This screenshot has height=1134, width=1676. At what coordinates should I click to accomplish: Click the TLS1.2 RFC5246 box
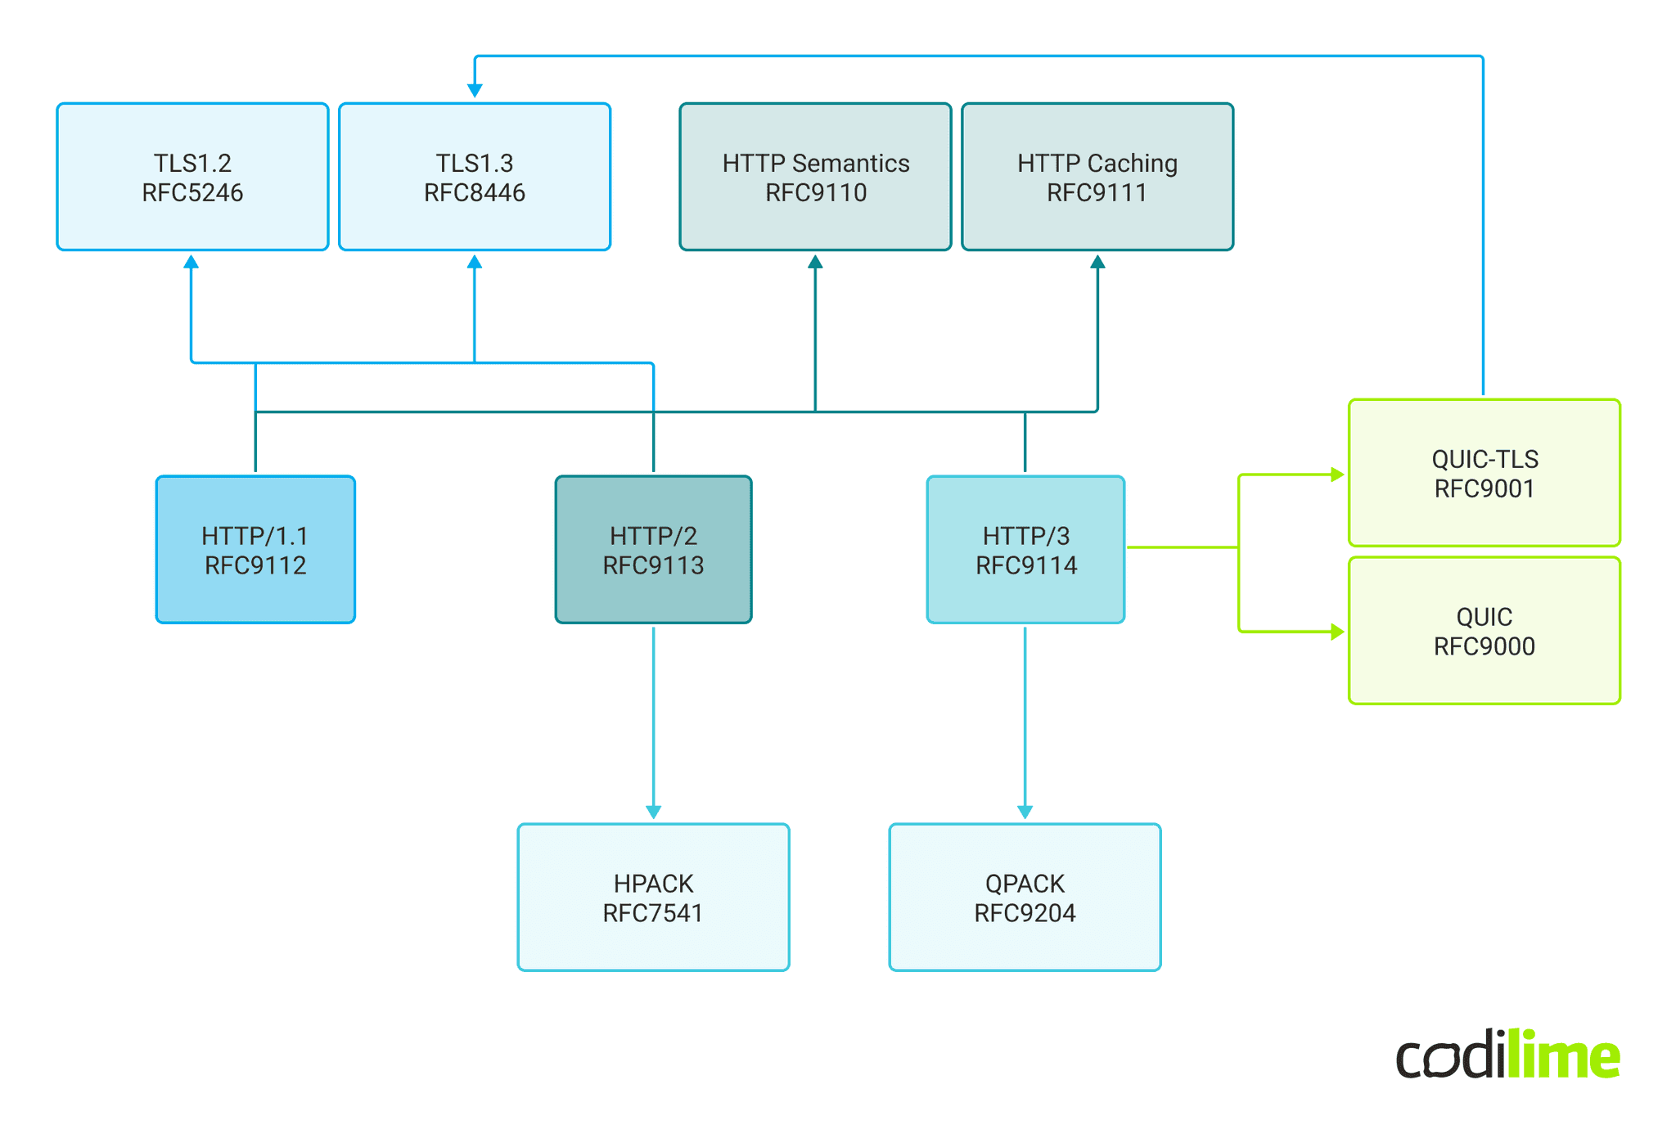click(x=192, y=177)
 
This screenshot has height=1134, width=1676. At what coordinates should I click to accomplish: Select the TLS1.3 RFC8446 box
click(x=475, y=177)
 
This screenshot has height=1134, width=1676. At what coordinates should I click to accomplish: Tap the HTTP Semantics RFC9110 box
click(x=815, y=177)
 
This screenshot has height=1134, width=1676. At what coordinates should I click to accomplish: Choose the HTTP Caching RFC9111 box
click(x=1097, y=177)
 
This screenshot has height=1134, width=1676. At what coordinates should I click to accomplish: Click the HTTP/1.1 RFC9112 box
click(x=255, y=550)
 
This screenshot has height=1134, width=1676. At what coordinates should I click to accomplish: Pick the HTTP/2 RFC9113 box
click(x=653, y=550)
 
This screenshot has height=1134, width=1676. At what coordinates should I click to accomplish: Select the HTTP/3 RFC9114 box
click(x=1025, y=550)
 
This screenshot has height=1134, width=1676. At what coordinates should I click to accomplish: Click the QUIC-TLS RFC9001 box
click(x=1484, y=473)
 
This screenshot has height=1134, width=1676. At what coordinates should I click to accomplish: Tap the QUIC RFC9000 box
click(x=1484, y=631)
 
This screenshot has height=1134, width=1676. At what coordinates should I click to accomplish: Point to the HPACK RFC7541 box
click(x=653, y=898)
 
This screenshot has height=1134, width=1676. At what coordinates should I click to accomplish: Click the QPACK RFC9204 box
click(x=1025, y=898)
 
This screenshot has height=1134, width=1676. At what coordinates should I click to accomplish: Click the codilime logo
click(x=1507, y=1055)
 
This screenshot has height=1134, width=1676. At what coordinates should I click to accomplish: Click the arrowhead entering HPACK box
click(x=653, y=812)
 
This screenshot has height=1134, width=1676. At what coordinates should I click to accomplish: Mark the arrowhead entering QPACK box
click(x=1025, y=812)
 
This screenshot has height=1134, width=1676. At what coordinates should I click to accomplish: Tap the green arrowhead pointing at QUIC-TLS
click(x=1337, y=475)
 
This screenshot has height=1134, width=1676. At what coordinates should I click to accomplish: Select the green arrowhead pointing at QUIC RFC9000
click(x=1337, y=632)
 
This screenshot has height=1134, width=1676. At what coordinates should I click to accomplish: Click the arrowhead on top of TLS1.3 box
click(x=475, y=90)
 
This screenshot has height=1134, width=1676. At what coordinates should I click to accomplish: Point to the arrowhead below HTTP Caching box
click(x=1097, y=262)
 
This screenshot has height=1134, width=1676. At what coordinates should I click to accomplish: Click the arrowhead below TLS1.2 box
click(x=191, y=262)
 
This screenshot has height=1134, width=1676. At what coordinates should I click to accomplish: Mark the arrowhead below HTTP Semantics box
click(x=815, y=262)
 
